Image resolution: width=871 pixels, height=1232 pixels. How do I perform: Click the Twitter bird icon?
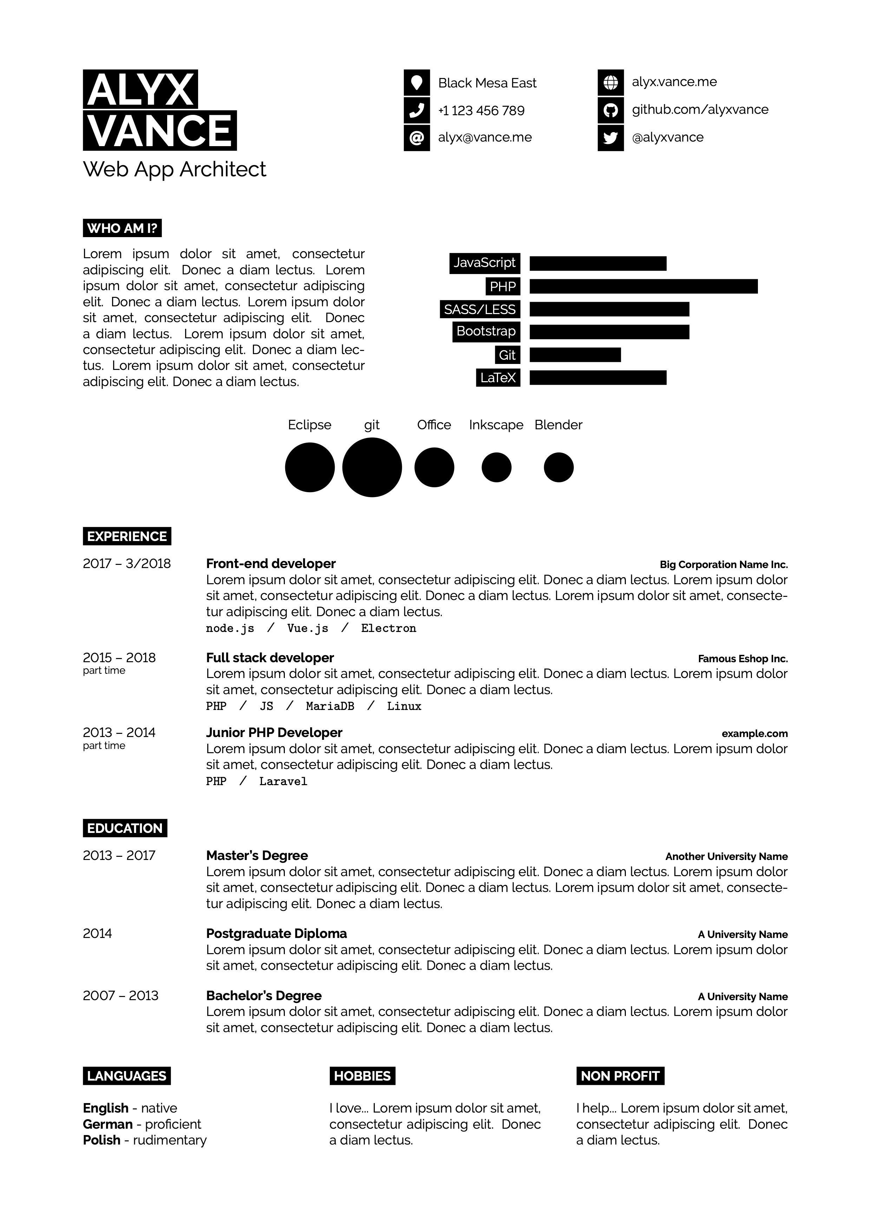pyautogui.click(x=610, y=138)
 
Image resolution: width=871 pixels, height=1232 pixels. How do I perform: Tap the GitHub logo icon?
pyautogui.click(x=610, y=111)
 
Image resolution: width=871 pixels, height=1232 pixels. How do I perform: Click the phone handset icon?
pyautogui.click(x=417, y=111)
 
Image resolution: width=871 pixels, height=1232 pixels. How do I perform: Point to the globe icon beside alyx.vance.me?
pyautogui.click(x=610, y=83)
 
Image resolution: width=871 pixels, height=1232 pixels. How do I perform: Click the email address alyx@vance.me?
pyautogui.click(x=485, y=137)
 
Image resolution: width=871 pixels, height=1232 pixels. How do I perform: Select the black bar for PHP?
pyautogui.click(x=644, y=287)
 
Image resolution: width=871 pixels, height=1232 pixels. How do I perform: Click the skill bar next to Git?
pyautogui.click(x=575, y=355)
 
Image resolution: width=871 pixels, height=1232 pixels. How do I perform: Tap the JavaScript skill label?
pyautogui.click(x=484, y=263)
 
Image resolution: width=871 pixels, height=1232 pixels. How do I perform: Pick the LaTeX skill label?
pyautogui.click(x=498, y=378)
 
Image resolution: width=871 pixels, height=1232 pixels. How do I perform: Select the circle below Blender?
pyautogui.click(x=558, y=467)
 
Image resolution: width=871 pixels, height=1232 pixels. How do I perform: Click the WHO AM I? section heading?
pyautogui.click(x=122, y=228)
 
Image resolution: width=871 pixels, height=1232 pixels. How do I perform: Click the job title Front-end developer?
pyautogui.click(x=271, y=563)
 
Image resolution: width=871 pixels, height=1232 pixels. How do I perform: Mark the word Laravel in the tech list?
pyautogui.click(x=283, y=781)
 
